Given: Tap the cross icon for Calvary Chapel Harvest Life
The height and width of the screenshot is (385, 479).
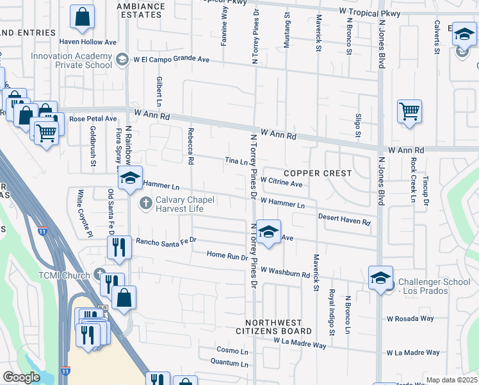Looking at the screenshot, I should pyautogui.click(x=145, y=203).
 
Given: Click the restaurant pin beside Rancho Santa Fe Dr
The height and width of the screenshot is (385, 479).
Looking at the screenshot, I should pyautogui.click(x=118, y=246).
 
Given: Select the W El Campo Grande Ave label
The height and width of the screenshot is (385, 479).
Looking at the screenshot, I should pyautogui.click(x=172, y=60).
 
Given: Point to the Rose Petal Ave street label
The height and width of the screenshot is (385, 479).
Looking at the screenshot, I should pyautogui.click(x=93, y=119).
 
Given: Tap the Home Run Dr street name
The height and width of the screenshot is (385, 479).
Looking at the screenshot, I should pyautogui.click(x=227, y=255).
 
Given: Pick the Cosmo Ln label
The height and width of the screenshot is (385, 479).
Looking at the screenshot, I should pyautogui.click(x=232, y=351).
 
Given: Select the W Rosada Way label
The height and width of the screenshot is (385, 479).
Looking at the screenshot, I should pyautogui.click(x=410, y=318).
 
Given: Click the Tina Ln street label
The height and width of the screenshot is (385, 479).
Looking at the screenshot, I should pyautogui.click(x=236, y=161).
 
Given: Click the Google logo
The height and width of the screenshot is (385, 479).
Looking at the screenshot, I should pyautogui.click(x=21, y=377).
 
